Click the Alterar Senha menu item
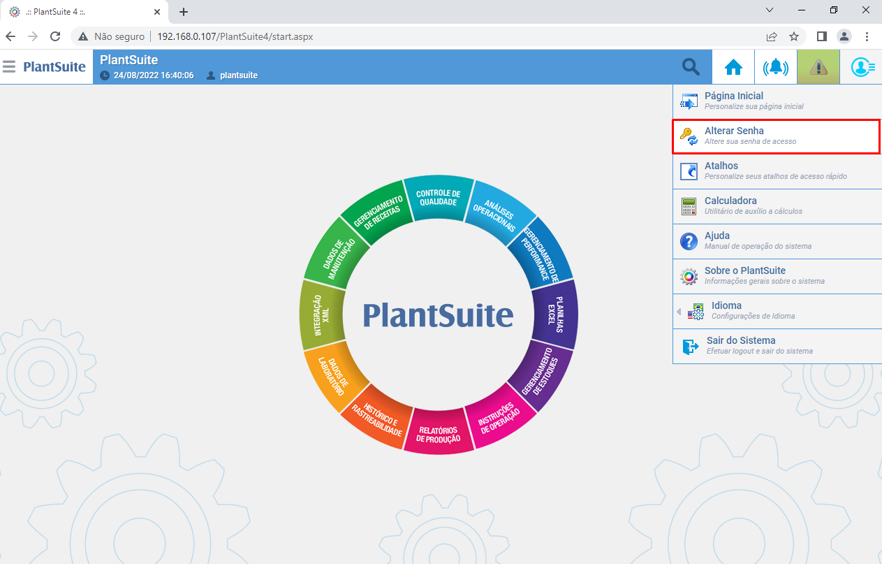coord(776,136)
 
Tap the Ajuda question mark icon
coord(689,241)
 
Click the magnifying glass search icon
coord(691,67)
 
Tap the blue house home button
coord(733,67)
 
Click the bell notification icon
coord(776,67)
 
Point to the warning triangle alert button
coord(818,67)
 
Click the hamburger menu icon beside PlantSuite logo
coord(8,66)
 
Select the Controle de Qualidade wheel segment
coord(439,197)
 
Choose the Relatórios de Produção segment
coord(439,433)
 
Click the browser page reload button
coord(55,36)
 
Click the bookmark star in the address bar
coord(794,36)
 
